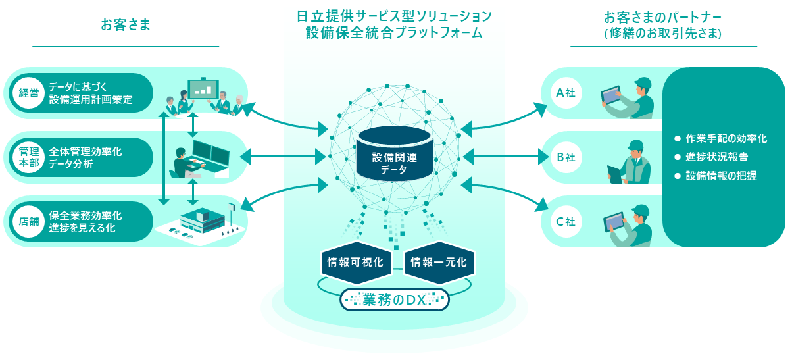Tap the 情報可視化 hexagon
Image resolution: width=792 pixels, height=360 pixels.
(356, 262)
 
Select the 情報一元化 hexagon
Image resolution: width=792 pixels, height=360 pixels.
(439, 262)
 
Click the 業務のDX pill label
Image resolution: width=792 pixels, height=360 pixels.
(395, 300)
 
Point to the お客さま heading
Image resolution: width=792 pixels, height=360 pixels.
(126, 25)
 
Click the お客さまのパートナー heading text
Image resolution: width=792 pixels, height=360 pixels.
(662, 25)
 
